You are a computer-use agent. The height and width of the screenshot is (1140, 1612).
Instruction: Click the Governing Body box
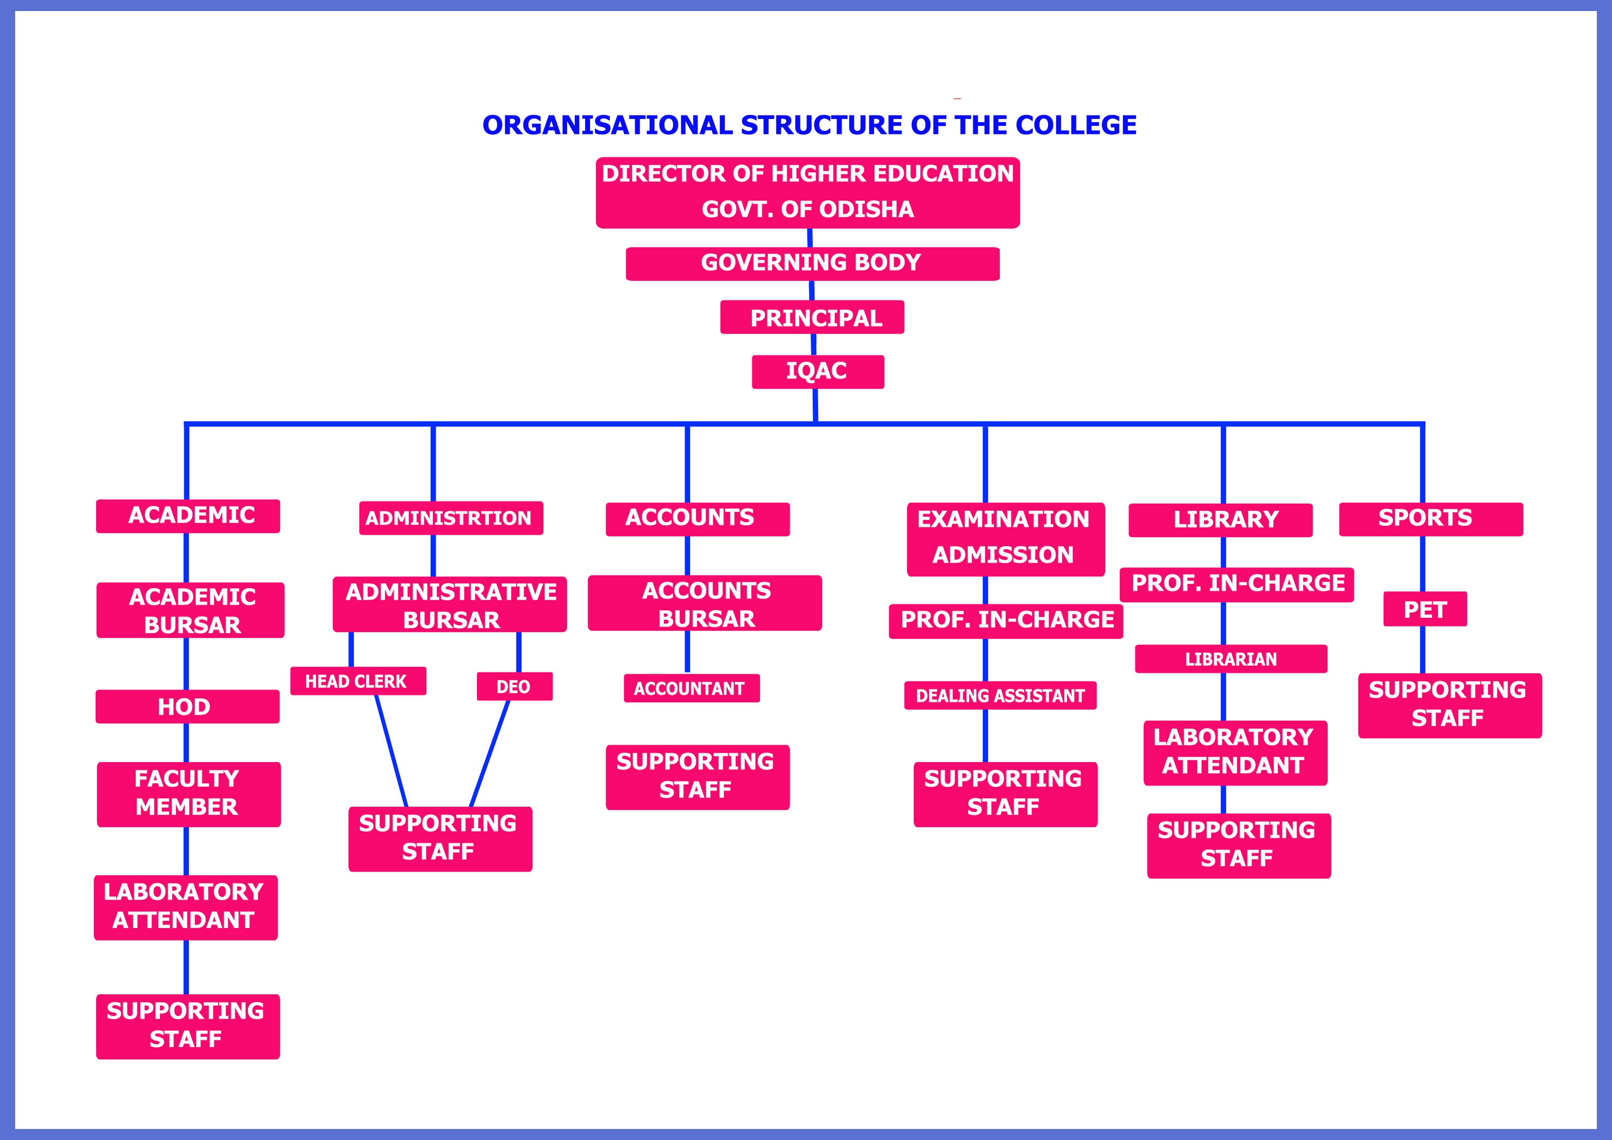[x=812, y=263]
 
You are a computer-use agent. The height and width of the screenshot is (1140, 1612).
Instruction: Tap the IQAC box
[x=817, y=371]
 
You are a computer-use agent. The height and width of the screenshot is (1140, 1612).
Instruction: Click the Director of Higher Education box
[x=807, y=193]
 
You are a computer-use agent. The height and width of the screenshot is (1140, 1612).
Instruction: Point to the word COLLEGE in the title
[x=1076, y=125]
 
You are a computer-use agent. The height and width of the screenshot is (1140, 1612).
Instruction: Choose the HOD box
[x=187, y=707]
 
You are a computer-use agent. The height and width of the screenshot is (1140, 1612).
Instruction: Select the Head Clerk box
[x=358, y=681]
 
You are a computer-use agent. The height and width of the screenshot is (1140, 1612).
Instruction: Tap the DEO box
[x=514, y=687]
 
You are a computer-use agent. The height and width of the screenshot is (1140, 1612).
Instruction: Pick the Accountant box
[x=692, y=688]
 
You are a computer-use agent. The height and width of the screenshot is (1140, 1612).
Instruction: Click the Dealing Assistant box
[x=1000, y=695]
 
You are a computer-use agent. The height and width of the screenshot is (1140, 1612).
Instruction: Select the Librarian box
[x=1231, y=659]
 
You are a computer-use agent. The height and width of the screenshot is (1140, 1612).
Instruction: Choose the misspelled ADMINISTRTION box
[x=451, y=519]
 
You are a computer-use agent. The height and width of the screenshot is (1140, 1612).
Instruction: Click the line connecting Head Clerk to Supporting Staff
[x=391, y=751]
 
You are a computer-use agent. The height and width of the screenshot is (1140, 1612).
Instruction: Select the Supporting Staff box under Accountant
[x=697, y=777]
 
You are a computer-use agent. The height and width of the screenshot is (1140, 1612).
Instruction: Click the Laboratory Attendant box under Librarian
[x=1235, y=752]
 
